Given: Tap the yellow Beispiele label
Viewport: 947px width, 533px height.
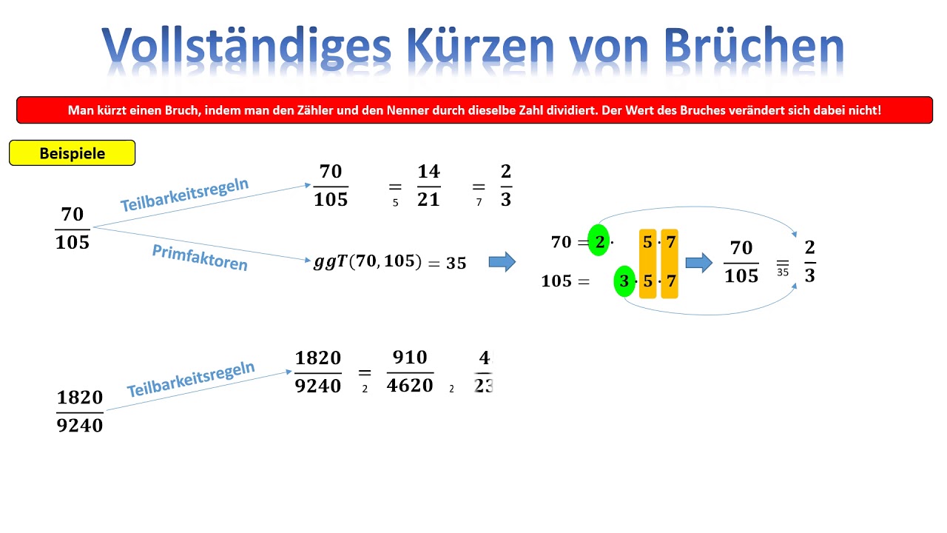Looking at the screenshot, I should coord(72,153).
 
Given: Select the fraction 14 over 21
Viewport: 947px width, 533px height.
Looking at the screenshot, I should coord(428,186).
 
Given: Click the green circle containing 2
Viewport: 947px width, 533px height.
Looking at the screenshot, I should coord(599,241).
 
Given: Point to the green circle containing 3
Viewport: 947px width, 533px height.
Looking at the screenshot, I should coord(624,281).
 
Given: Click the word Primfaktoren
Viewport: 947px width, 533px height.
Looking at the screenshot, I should coord(200,258).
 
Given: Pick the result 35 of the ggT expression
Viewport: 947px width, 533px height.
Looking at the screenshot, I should coord(456,264).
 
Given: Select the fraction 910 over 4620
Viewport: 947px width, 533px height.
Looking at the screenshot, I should coord(410,372).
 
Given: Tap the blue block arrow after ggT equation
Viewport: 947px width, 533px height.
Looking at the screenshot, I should coord(502,261).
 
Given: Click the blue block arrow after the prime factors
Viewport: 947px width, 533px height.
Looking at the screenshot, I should coord(698,261).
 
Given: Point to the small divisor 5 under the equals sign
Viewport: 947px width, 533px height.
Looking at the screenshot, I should coord(395,203).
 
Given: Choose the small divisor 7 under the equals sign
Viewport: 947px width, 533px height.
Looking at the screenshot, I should coord(479,203).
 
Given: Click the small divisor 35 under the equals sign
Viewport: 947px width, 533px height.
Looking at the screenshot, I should coord(783,272).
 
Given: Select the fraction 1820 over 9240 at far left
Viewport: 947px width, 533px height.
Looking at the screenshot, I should coord(80,412).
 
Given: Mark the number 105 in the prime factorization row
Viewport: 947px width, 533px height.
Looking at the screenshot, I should coord(556,281).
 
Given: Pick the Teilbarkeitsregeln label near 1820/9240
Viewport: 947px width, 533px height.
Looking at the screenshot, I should coord(191,379).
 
